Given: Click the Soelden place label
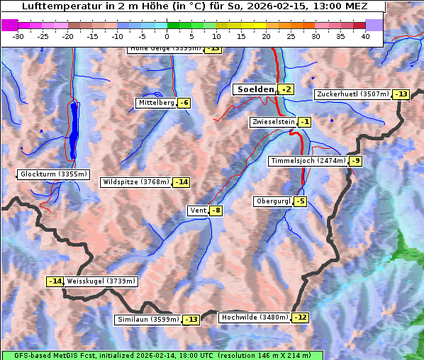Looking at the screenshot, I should (x=255, y=89).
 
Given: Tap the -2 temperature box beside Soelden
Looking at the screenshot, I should (x=286, y=89).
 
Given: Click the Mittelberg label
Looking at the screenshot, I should (x=156, y=103).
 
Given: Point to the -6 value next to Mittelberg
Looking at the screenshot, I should (x=184, y=103).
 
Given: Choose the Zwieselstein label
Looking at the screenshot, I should (x=272, y=122).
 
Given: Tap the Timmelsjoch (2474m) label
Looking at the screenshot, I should (x=308, y=161).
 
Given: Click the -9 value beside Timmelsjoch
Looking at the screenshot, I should (x=355, y=161).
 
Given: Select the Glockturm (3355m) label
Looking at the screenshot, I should (x=54, y=174).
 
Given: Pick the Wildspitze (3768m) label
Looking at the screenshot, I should (x=135, y=182).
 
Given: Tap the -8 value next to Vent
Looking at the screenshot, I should (x=216, y=210).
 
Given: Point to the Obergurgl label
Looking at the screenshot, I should (x=272, y=201).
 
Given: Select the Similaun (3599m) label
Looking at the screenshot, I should (x=148, y=320).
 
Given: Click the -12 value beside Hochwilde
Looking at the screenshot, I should (x=300, y=317).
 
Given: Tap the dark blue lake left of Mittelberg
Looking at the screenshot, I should (x=75, y=131).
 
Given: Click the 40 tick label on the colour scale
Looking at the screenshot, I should (x=365, y=35).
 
